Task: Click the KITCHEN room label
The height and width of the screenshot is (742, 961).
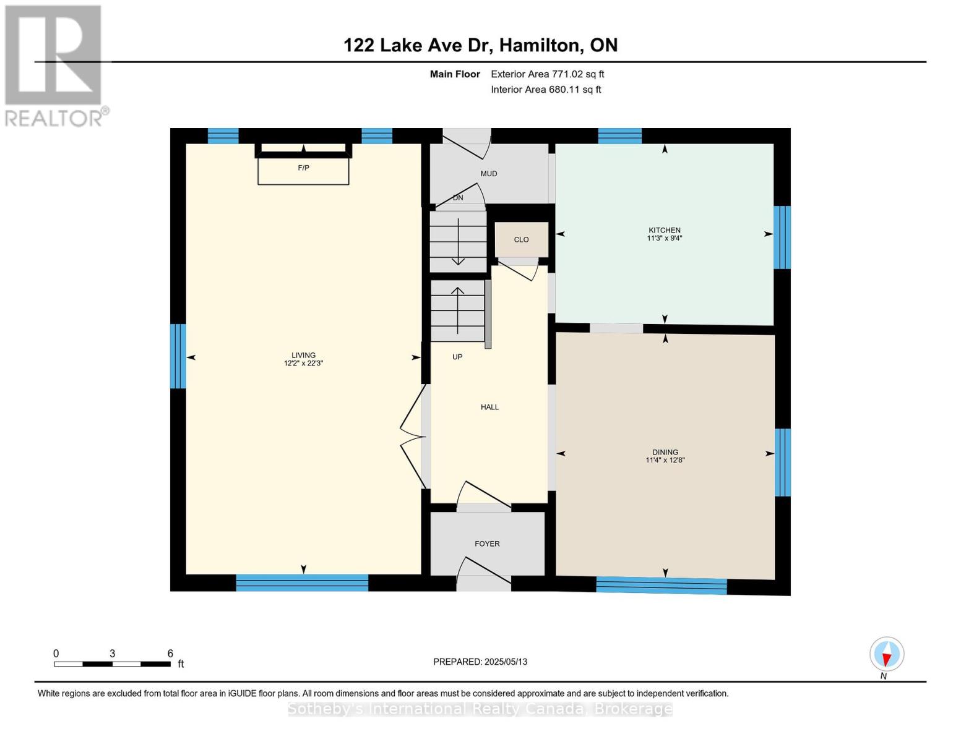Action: [x=664, y=230]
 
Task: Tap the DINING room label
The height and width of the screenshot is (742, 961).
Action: [x=665, y=452]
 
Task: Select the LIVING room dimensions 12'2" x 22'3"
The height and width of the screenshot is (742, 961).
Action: [x=303, y=364]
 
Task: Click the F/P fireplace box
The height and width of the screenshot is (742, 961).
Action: [x=303, y=168]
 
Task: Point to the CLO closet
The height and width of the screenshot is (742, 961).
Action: [x=521, y=239]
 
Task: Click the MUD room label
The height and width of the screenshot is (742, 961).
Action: [x=488, y=174]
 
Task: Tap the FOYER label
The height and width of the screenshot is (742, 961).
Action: [x=487, y=544]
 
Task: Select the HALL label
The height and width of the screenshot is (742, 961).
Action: [x=489, y=407]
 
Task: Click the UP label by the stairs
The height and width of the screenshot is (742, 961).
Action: [x=457, y=357]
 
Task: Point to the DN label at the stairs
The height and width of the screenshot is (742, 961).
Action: [x=458, y=198]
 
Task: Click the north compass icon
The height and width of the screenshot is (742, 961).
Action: [x=887, y=654]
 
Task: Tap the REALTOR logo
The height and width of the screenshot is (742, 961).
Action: [x=54, y=65]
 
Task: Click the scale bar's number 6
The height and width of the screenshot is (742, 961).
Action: [x=170, y=654]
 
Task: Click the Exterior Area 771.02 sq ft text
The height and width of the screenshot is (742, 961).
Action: [x=547, y=74]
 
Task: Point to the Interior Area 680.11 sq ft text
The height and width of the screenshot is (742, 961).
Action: [x=546, y=90]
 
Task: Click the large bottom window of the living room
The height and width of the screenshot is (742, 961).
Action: [x=302, y=582]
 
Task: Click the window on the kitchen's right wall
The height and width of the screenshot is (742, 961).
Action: [x=782, y=237]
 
